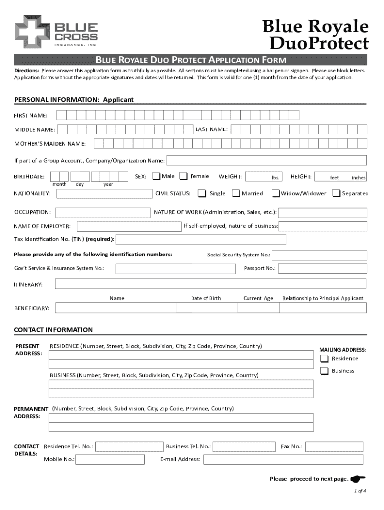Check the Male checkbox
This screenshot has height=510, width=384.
click(157, 176)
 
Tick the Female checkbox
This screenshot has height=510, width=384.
click(184, 176)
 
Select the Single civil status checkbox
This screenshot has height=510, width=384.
click(202, 193)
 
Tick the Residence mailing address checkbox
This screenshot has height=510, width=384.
click(325, 359)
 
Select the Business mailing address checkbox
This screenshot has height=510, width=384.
click(325, 371)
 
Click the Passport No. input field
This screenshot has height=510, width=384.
click(322, 269)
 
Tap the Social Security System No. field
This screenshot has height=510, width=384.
click(319, 255)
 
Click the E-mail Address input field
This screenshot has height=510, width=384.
click(285, 459)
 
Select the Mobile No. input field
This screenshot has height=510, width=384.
click(110, 459)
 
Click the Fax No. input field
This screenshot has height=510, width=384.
click(336, 446)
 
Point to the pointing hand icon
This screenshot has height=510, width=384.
click(358, 479)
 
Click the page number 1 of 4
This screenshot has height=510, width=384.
click(360, 491)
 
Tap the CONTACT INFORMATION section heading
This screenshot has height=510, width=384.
click(53, 330)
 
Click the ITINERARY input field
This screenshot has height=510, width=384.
click(210, 284)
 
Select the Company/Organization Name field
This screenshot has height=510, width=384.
click(266, 161)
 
